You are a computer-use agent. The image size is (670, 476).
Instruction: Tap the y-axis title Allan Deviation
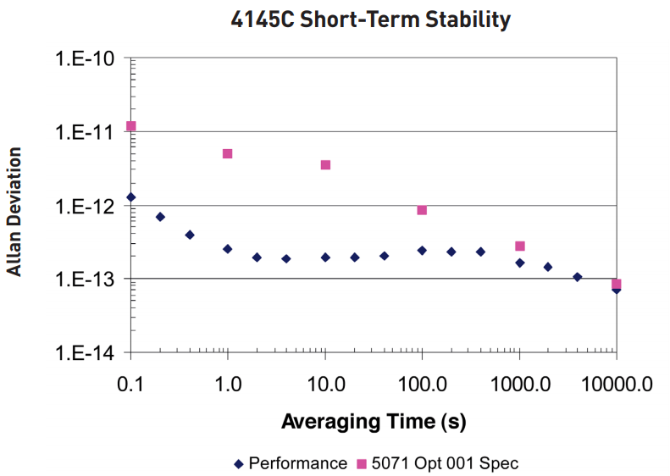tap(14, 211)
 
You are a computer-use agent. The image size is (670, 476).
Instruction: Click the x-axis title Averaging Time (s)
tap(373, 420)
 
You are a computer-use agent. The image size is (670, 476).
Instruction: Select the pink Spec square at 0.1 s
tap(130, 126)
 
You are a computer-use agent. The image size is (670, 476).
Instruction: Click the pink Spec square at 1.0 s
tap(227, 153)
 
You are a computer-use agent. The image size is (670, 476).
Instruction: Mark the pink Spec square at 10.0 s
tap(325, 164)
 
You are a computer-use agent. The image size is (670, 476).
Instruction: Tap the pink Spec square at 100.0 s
tap(422, 210)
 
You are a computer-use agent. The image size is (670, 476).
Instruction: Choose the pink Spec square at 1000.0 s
tap(520, 246)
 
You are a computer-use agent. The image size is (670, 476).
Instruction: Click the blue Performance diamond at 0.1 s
tap(130, 197)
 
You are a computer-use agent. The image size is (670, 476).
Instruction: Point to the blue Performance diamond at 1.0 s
tap(227, 249)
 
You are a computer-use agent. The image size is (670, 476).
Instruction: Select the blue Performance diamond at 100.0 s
tap(422, 250)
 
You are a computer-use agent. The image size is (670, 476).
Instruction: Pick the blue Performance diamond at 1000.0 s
tap(520, 263)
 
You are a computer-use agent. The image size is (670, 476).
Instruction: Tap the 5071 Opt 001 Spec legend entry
tap(436, 463)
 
